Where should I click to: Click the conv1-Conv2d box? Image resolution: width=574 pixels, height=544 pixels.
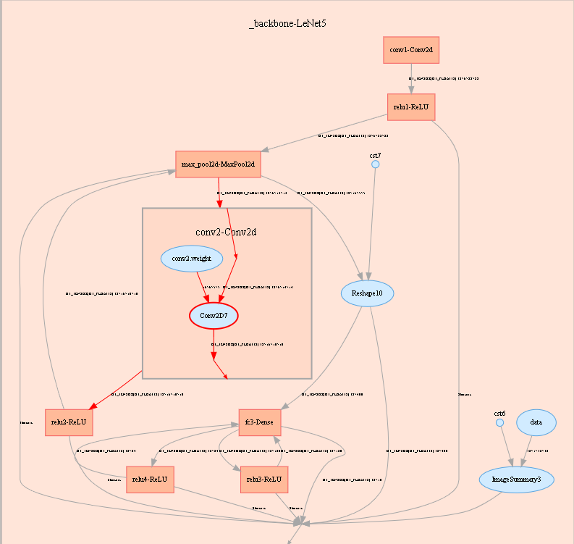coord(411,50)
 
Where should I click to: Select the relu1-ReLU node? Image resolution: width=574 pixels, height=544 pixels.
coord(411,107)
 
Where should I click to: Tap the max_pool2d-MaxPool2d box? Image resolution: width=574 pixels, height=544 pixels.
coord(218,164)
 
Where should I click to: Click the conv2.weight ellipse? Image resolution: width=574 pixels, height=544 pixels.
coord(191,258)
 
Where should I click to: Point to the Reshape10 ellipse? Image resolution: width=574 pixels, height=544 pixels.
coord(367,293)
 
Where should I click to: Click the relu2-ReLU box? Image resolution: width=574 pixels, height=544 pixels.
coord(69,422)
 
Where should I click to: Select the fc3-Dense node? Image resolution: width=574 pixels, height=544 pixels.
coord(260,422)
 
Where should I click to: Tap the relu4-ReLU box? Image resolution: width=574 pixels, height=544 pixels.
coord(150,479)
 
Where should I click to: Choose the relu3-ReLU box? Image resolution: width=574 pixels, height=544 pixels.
coord(264,479)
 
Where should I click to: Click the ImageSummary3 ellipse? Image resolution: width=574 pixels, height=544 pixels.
coord(516,479)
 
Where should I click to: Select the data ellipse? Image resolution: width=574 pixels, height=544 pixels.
coord(536,422)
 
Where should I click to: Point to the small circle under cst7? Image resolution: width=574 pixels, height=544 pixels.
coord(375,164)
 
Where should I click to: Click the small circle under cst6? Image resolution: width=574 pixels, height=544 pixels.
coord(499,422)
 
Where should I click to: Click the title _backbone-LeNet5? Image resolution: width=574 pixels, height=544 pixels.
coord(287,24)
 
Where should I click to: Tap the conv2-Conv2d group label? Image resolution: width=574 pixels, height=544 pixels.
coord(227,232)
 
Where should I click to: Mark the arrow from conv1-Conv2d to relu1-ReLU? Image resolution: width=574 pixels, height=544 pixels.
coord(411,79)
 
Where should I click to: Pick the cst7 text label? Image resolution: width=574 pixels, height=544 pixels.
coord(375,155)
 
